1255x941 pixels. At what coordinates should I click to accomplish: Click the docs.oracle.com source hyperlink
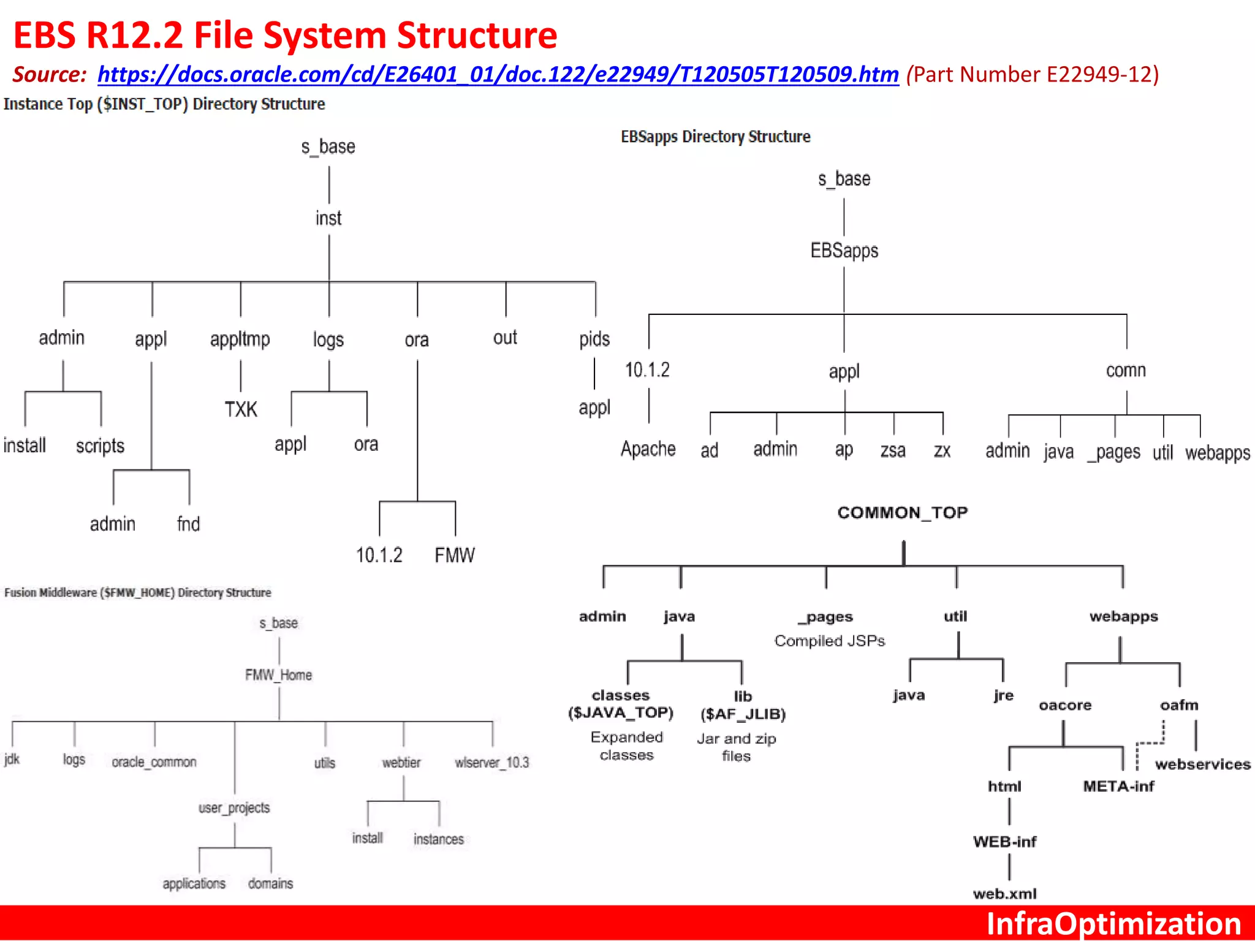498,75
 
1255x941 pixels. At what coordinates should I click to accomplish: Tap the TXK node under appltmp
241,409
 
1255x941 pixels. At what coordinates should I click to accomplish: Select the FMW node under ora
455,555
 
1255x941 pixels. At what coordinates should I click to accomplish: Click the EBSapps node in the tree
844,251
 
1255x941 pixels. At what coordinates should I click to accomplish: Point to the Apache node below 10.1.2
648,449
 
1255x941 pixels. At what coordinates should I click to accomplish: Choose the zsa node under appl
893,451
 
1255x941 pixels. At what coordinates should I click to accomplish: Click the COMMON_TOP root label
903,512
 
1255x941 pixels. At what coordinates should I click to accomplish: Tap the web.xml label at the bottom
1005,894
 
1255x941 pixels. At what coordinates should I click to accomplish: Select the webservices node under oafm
1202,764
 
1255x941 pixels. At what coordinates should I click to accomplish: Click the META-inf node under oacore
1118,786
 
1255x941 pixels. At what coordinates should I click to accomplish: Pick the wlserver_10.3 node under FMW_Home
491,762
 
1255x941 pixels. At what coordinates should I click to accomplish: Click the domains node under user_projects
270,883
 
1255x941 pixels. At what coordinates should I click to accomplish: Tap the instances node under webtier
438,839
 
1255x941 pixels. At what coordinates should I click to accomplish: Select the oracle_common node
154,762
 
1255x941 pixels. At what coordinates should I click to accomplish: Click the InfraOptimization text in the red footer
1113,924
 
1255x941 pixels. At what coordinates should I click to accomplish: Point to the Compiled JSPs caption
830,641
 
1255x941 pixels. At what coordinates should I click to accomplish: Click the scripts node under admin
100,446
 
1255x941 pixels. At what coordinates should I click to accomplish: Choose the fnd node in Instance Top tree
188,524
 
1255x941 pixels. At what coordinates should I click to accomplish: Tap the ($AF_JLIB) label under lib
743,714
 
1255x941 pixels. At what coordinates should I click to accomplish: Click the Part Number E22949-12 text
1033,75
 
